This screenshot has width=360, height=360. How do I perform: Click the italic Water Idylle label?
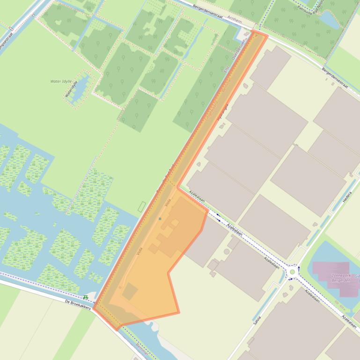coord(61,81)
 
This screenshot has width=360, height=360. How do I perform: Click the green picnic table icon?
coord(86,297)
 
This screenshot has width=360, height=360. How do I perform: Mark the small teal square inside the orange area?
coord(160,218)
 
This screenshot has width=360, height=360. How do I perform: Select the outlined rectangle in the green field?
coord(141,206)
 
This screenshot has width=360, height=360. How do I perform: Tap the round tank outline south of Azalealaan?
coord(227,252)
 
